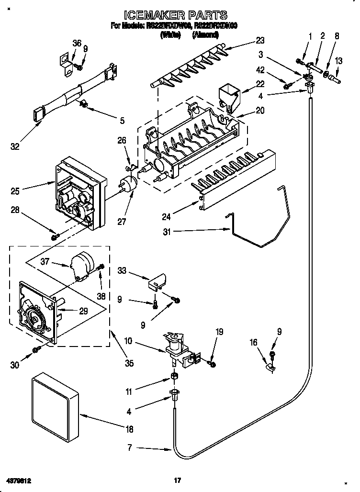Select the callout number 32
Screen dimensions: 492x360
point(15,146)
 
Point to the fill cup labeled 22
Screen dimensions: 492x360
point(229,95)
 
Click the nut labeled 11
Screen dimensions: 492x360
point(174,376)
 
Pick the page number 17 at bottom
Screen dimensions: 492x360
point(177,480)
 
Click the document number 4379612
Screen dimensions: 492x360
point(22,480)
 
